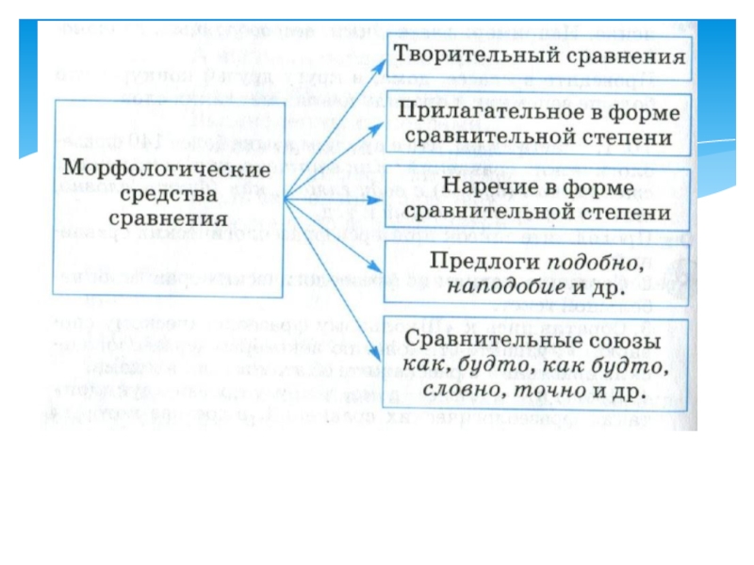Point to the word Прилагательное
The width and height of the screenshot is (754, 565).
490,112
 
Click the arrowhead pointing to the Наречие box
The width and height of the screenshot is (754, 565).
380,200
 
